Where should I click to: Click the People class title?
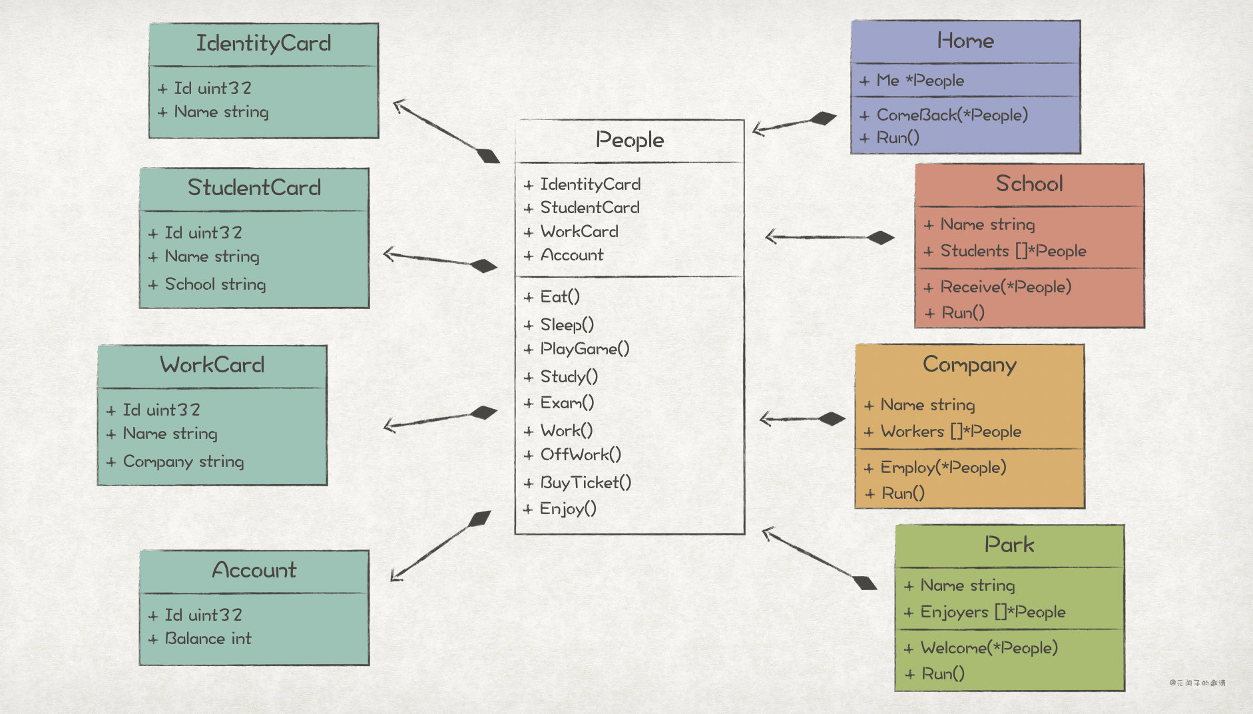coord(629,140)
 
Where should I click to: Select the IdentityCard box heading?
coord(264,43)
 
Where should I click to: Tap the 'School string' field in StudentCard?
coord(215,284)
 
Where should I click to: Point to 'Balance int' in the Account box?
coord(208,639)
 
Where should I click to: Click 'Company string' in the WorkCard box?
coord(183,462)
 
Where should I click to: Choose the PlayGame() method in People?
coord(585,349)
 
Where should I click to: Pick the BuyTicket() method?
coord(585,482)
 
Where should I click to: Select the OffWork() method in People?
coord(581,455)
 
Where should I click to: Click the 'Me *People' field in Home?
coord(920,81)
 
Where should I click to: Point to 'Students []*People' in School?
coord(1013,251)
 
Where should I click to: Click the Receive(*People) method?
coord(1005,287)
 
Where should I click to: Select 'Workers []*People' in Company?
coord(951,432)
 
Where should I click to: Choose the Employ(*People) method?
coord(943,468)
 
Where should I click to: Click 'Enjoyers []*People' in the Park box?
coord(993,612)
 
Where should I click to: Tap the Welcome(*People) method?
coord(989,648)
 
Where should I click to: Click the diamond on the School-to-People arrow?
coord(881,238)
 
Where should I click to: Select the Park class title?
coord(1009,545)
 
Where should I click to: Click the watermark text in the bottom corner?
coord(1197,683)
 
